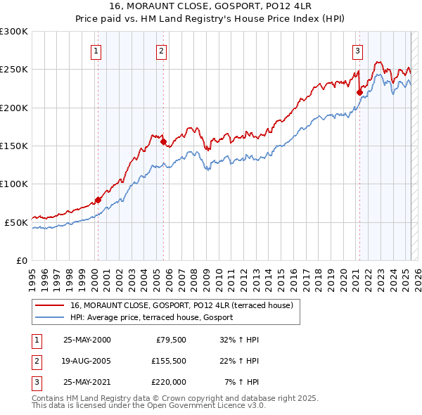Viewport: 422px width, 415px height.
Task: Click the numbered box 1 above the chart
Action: click(x=96, y=51)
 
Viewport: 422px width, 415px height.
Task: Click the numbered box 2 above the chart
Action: click(x=161, y=51)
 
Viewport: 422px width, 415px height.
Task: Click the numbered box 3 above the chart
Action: click(x=357, y=51)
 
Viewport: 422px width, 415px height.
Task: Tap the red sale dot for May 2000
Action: click(x=98, y=200)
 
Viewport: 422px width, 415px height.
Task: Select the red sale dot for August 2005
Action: click(x=163, y=142)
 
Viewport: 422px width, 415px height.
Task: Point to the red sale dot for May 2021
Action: click(x=359, y=91)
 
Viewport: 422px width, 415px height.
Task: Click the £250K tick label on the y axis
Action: click(x=14, y=70)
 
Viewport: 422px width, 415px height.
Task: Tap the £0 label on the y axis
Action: click(x=23, y=260)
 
